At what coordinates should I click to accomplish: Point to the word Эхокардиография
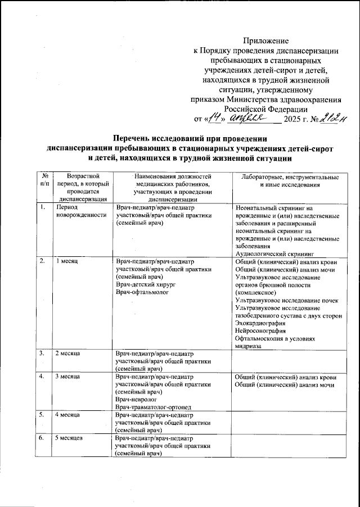click(262, 324)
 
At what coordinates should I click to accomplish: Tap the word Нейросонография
click(262, 331)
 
